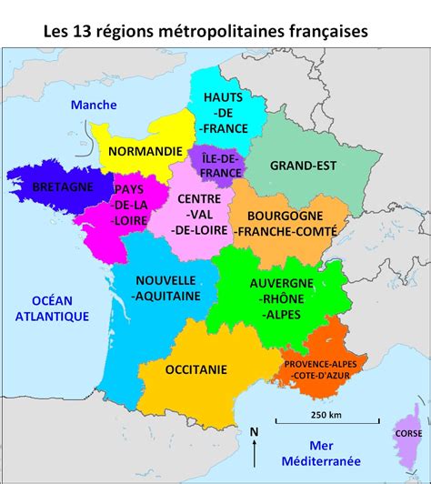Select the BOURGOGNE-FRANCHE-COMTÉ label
[x=285, y=223]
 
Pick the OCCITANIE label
[x=196, y=369]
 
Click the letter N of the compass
[x=255, y=430]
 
